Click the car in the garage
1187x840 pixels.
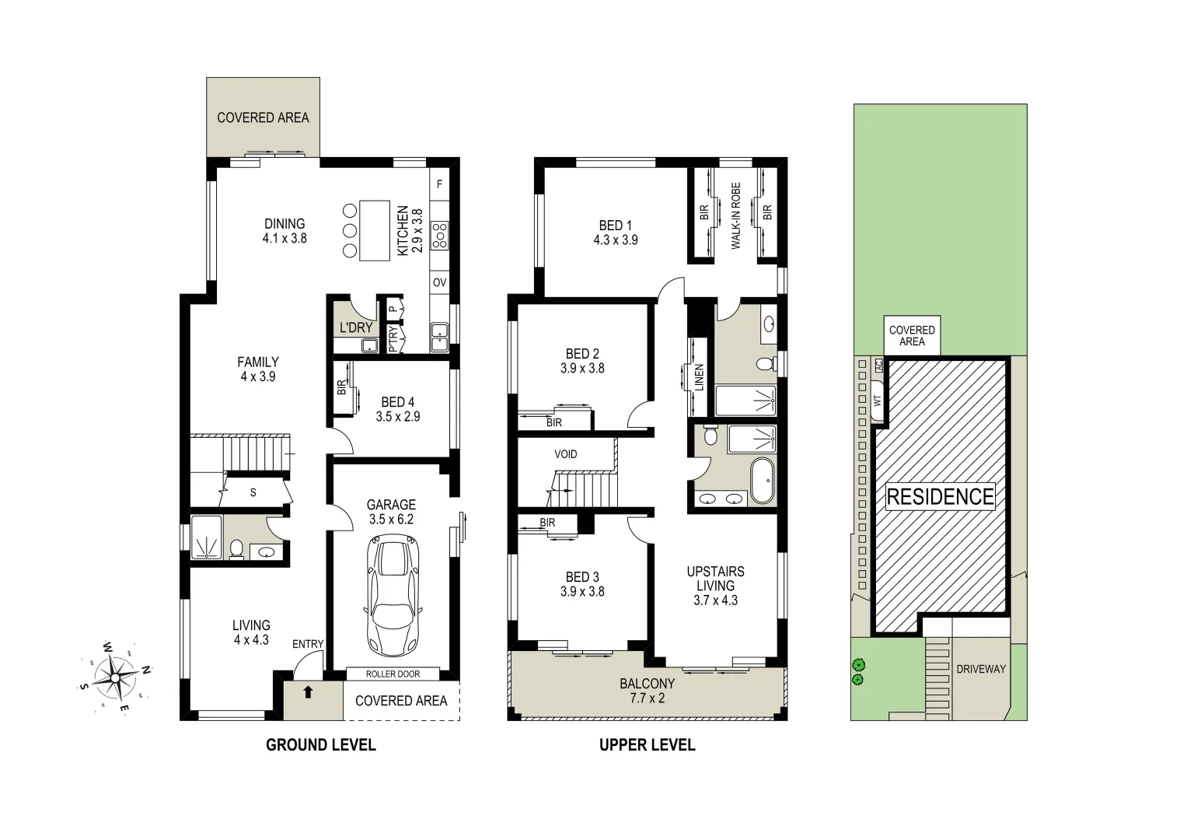tap(393, 595)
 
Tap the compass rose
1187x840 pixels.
tap(115, 677)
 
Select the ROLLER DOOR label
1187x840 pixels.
tap(393, 674)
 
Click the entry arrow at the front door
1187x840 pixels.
tap(308, 691)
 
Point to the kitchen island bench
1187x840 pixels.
tap(375, 231)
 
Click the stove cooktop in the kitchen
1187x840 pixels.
tap(440, 234)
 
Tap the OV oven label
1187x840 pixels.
tap(440, 282)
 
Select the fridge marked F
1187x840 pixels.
tap(440, 184)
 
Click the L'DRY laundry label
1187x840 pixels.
tap(356, 327)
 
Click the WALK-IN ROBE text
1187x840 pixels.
tap(735, 216)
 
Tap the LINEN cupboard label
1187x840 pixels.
tap(699, 377)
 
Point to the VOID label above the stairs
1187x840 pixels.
tap(566, 454)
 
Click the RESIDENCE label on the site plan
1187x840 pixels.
tap(941, 496)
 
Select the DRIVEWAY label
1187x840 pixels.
tap(981, 669)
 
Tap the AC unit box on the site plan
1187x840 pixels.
tap(878, 364)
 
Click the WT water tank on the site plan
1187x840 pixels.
tap(878, 400)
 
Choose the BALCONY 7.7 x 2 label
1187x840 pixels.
tap(647, 691)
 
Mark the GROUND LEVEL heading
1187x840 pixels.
tap(320, 745)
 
